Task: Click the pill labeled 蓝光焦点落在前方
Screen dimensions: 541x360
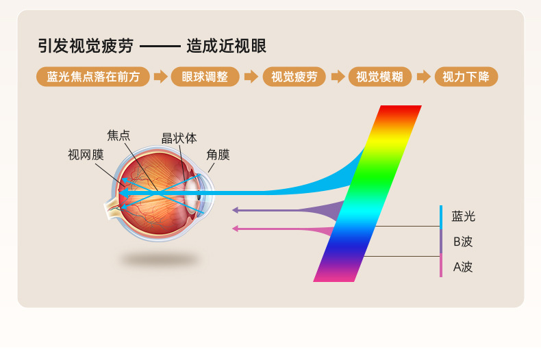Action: coord(93,77)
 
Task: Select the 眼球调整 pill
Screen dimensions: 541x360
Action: coord(205,77)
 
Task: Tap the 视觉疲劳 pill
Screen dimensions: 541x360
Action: coord(294,77)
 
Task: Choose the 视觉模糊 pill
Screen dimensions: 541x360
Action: coord(379,77)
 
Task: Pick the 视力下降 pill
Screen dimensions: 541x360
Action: coord(466,77)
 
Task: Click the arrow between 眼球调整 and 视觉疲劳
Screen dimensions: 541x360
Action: coord(251,77)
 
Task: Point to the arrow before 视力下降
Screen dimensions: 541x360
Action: coord(423,77)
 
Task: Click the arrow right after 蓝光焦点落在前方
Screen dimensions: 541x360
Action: coord(160,77)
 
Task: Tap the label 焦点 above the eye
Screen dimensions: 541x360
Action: coord(118,136)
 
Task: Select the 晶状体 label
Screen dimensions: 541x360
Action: coord(179,138)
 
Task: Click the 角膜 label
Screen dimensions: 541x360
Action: coord(218,155)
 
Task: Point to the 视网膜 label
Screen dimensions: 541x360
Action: coord(86,155)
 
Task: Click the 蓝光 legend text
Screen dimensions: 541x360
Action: coord(464,216)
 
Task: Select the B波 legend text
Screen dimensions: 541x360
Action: coord(463,242)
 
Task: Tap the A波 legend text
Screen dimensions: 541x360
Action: coord(463,267)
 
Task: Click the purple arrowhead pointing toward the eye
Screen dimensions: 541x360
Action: coord(236,210)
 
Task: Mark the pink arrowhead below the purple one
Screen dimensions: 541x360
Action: coord(236,229)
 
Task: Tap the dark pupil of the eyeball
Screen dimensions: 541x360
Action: coord(199,197)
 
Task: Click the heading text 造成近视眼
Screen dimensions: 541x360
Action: coord(227,47)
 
